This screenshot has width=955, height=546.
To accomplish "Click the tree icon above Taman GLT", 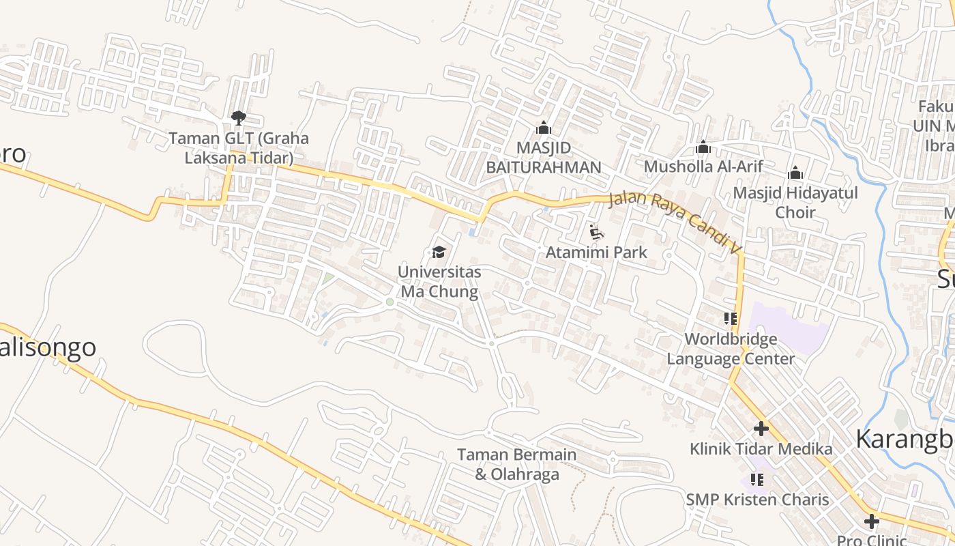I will pyautogui.click(x=238, y=118).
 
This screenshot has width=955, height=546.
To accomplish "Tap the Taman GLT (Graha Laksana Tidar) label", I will pyautogui.click(x=239, y=148).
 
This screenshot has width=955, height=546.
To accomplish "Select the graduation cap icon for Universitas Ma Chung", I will pyautogui.click(x=439, y=253).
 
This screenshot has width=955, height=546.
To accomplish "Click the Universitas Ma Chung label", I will pyautogui.click(x=439, y=282).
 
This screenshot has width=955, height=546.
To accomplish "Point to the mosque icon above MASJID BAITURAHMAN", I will pyautogui.click(x=544, y=128).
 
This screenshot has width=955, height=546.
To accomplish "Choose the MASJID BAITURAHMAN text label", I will pyautogui.click(x=544, y=158).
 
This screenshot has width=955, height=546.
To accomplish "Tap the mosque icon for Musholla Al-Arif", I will pyautogui.click(x=703, y=147).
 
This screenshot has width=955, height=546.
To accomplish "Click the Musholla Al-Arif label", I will pyautogui.click(x=703, y=167).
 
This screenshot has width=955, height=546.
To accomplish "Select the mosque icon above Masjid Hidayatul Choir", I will pyautogui.click(x=795, y=173).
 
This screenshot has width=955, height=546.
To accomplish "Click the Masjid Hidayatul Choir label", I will pyautogui.click(x=795, y=203).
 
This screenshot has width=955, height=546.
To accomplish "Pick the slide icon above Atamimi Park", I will pyautogui.click(x=596, y=233).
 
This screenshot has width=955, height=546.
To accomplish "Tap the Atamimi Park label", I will pyautogui.click(x=596, y=253).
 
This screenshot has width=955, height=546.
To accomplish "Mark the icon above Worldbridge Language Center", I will pyautogui.click(x=731, y=319).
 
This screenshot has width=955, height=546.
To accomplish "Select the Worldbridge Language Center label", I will pyautogui.click(x=731, y=349).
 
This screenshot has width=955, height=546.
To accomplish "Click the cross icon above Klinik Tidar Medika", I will pyautogui.click(x=761, y=429).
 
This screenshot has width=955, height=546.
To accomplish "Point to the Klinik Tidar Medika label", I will pyautogui.click(x=761, y=449).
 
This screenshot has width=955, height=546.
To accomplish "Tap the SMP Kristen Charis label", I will pyautogui.click(x=757, y=500).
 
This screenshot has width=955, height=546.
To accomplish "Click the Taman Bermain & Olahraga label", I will pyautogui.click(x=516, y=464).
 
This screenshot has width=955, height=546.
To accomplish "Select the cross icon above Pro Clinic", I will pyautogui.click(x=872, y=522).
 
